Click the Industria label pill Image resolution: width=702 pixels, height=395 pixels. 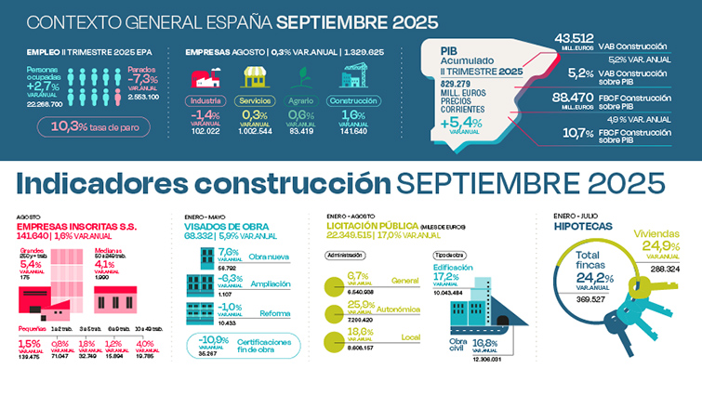(205, 99)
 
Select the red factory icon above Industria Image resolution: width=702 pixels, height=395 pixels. (205, 77)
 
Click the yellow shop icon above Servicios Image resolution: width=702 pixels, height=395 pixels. (257, 77)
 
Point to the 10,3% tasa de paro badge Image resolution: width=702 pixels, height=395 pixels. (82, 125)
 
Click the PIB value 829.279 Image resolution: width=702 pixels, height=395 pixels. (458, 86)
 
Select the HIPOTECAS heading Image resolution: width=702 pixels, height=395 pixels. (582, 226)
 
